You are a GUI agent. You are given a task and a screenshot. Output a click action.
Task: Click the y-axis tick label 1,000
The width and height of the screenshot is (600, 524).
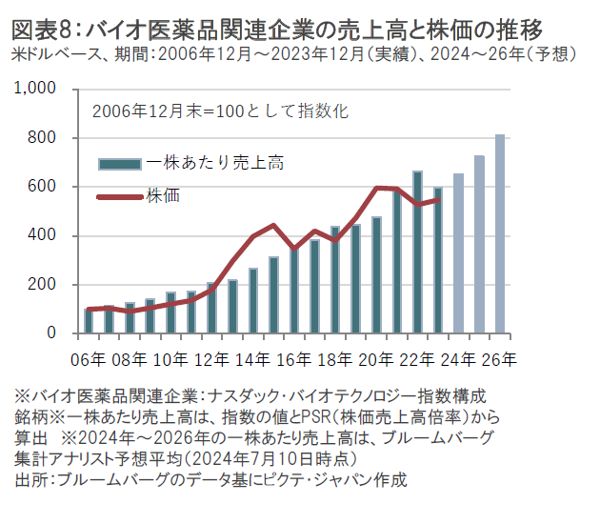38,90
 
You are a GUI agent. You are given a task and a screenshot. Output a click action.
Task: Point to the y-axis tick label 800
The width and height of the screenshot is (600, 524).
45,138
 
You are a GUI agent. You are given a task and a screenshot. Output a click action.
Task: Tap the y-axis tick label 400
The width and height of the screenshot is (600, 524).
45,236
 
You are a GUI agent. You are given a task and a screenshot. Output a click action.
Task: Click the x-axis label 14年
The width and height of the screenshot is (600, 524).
252,359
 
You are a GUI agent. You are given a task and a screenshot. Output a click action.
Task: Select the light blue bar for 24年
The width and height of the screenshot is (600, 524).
459,253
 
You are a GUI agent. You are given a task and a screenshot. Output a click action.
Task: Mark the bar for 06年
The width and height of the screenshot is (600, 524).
88,321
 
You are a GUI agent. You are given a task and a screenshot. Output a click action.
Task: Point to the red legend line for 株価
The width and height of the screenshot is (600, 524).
121,197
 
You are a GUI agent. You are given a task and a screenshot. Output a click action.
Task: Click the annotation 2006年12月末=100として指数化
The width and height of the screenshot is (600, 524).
220,111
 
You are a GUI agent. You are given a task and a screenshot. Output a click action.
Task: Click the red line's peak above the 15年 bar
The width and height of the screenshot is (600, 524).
273,226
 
